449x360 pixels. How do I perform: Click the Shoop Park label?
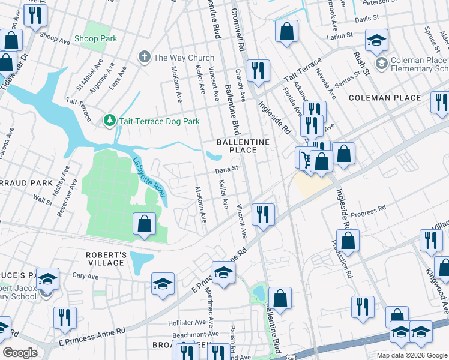[x=95, y=39]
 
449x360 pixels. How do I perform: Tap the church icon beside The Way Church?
[x=143, y=58]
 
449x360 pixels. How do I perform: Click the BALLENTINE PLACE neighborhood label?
[x=244, y=146]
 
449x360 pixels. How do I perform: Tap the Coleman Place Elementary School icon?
[x=381, y=63]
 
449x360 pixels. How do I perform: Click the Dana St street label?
[x=228, y=169]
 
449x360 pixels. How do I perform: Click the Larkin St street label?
[x=339, y=37]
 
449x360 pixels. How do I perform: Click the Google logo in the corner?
[x=20, y=353]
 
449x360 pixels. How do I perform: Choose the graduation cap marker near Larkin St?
[x=376, y=40]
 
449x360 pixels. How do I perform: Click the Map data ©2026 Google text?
[x=412, y=355]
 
